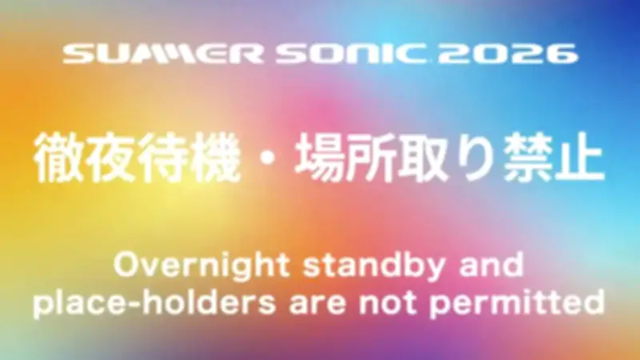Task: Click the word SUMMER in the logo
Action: [x=163, y=54]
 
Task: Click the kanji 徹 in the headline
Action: [x=58, y=158]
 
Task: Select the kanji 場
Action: [x=318, y=158]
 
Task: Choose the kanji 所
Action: [x=371, y=158]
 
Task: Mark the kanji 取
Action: [x=423, y=158]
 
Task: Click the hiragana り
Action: [x=474, y=158]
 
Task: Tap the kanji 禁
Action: [x=527, y=158]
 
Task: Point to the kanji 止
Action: [x=579, y=158]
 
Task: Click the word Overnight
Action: [x=202, y=266]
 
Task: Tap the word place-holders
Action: [x=154, y=303]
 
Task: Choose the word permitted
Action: [x=517, y=304]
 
